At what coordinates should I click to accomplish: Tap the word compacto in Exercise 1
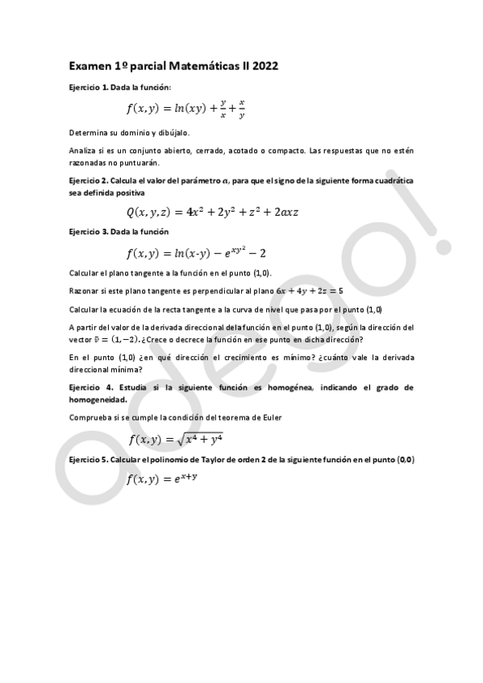coord(284,151)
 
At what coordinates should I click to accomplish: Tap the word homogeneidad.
coord(97,399)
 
